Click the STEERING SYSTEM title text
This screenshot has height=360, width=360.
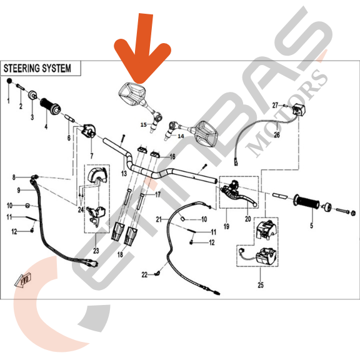tap(37, 68)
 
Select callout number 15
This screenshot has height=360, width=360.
tap(144, 124)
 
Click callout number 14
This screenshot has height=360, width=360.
tap(181, 136)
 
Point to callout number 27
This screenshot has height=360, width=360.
tap(275, 106)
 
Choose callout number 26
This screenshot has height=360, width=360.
tap(277, 135)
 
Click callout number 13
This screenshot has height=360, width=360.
tap(124, 174)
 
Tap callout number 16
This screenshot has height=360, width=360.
tap(172, 157)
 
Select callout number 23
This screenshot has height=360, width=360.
tap(96, 251)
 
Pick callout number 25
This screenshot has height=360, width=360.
tap(261, 285)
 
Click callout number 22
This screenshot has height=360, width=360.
tap(144, 275)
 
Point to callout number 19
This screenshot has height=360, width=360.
tap(226, 227)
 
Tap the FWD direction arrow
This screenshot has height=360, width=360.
tap(23, 280)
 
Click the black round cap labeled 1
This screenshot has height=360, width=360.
tap(9, 81)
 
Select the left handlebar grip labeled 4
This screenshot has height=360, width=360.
tap(51, 106)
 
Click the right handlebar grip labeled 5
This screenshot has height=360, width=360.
tap(306, 202)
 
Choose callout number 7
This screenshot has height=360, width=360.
tap(92, 156)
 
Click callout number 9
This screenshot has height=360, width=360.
tap(19, 191)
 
